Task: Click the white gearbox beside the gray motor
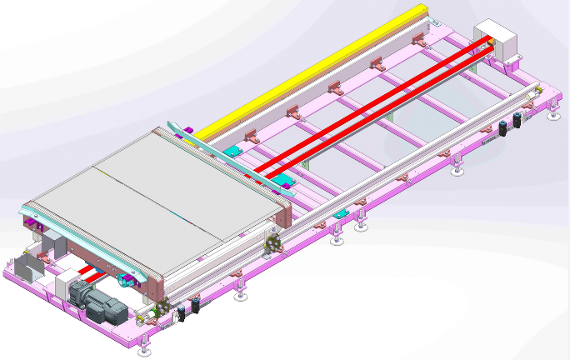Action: pos(64,287)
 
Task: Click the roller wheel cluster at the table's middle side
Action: pos(271,244)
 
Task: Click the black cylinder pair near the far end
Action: pos(511,123)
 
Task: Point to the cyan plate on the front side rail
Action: pos(340,215)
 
